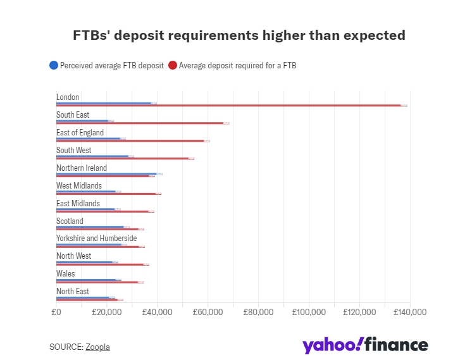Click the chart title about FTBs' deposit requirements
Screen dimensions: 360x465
[239, 35]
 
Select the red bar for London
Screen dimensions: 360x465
[228, 106]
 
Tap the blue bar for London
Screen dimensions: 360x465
[104, 102]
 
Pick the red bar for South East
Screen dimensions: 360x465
[140, 123]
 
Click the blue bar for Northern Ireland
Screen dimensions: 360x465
[106, 173]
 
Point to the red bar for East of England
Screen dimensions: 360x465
[130, 141]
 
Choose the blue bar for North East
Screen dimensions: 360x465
[83, 297]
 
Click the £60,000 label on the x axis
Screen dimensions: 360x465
[208, 312]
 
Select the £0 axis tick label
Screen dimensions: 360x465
[56, 312]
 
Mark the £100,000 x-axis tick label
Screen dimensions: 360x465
[309, 312]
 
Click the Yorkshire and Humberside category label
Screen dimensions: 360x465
[96, 238]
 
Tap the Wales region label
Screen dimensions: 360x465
[65, 274]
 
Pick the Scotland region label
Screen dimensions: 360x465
[70, 221]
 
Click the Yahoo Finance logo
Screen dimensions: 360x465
[365, 345]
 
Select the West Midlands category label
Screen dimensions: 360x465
[78, 185]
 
